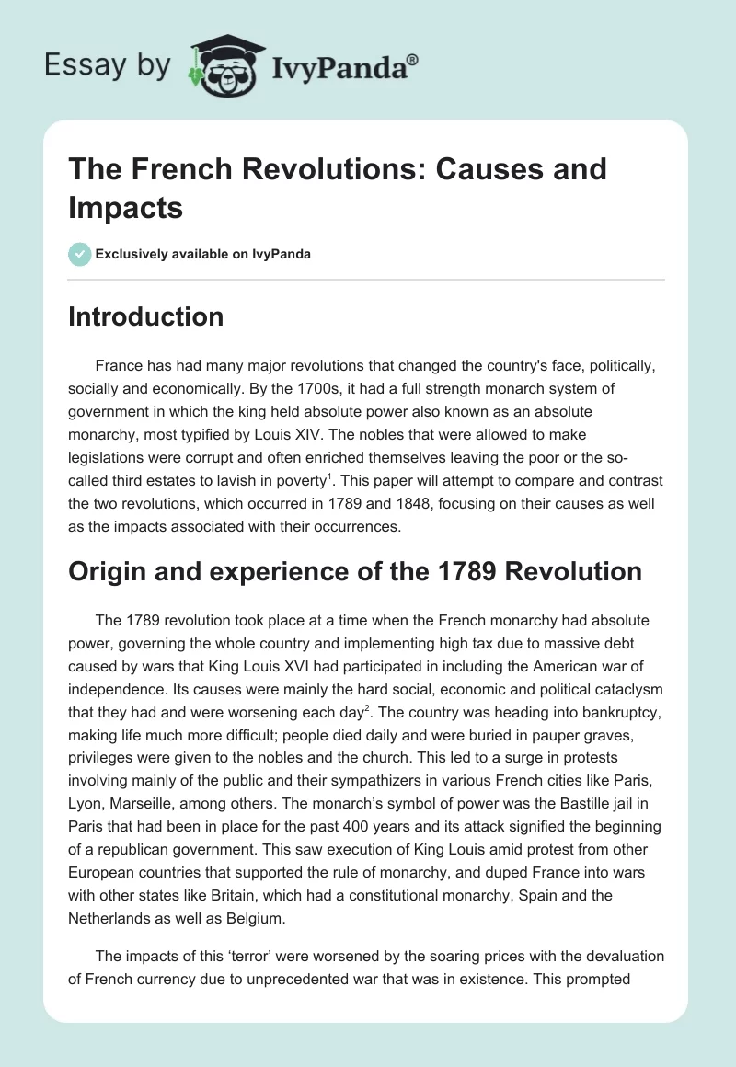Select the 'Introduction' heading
pos(146,316)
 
